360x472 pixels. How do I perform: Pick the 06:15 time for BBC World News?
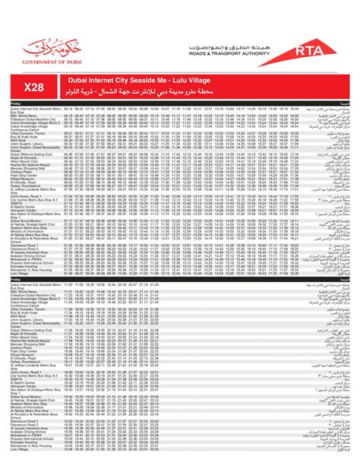point(68,115)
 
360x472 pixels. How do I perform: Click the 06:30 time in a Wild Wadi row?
point(68,139)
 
